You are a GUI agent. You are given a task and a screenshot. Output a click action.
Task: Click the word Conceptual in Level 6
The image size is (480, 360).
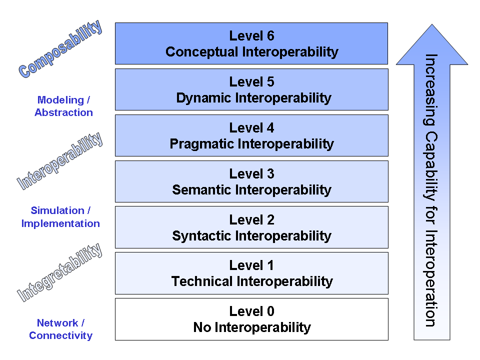[x=201, y=51]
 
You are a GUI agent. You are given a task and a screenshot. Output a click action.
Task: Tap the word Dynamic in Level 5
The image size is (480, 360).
[x=203, y=98]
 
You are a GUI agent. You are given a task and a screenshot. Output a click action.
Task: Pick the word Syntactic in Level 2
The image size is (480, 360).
[x=201, y=235]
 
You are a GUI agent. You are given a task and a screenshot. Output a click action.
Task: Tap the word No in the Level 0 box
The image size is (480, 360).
[x=202, y=327]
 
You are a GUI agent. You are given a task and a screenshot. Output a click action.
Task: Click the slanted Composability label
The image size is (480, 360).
[x=60, y=49]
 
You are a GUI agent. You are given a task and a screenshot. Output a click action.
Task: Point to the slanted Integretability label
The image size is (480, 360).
[x=59, y=272]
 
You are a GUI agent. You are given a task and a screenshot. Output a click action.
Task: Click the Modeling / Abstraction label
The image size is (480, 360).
[x=63, y=106]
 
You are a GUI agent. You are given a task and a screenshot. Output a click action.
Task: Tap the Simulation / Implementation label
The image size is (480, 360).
[x=60, y=217]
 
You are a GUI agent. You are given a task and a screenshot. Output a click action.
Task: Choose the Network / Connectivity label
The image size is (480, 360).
[x=60, y=329]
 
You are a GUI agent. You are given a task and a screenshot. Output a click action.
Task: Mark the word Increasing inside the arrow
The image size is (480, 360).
[x=430, y=89]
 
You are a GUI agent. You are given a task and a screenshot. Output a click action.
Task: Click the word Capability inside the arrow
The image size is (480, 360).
[x=430, y=166]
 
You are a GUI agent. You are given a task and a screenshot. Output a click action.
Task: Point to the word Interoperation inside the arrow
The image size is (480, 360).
[x=430, y=278]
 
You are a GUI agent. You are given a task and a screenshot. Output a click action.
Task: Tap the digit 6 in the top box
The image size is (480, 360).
[x=270, y=36]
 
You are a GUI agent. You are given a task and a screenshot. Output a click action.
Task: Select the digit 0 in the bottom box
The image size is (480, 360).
[x=270, y=311]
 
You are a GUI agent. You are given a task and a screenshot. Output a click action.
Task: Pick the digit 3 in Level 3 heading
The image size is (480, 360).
[x=270, y=174]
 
